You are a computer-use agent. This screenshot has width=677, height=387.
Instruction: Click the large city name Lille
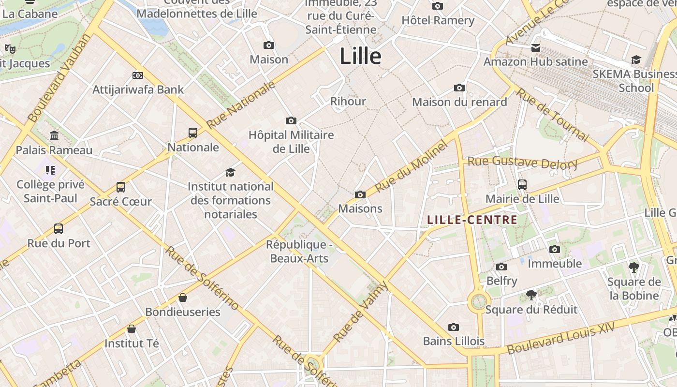(360, 56)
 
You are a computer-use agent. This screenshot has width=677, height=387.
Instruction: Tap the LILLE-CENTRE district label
(472, 220)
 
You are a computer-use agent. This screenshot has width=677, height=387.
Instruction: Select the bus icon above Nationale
(193, 133)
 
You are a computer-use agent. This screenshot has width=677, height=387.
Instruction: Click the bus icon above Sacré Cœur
(121, 187)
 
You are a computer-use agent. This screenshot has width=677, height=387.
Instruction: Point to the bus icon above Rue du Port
(59, 229)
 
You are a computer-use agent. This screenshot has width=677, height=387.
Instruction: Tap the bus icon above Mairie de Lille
(522, 184)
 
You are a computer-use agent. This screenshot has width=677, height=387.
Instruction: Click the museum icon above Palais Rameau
(54, 136)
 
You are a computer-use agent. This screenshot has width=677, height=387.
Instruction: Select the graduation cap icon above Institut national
(230, 172)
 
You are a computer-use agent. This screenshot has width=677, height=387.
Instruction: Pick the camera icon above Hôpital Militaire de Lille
(291, 120)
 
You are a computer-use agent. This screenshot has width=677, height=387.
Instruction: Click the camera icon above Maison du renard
(459, 88)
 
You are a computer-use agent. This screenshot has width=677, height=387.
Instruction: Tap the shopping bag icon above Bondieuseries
(183, 298)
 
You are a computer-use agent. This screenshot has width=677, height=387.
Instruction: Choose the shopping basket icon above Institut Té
(132, 329)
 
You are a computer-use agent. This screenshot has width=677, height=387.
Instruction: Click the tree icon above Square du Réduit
(531, 295)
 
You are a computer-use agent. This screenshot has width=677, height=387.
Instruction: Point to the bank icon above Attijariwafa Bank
(138, 75)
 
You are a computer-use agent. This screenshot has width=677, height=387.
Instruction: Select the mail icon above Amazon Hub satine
(536, 47)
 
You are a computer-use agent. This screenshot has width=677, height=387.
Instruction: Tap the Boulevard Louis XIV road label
(561, 338)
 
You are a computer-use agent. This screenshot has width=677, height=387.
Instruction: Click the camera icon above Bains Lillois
(454, 327)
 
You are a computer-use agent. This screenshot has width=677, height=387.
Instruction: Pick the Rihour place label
(348, 101)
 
